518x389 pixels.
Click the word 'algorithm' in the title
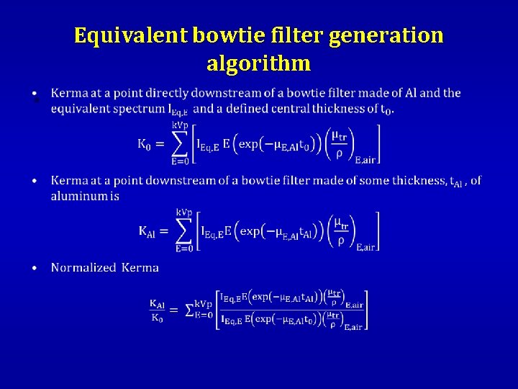click(259, 63)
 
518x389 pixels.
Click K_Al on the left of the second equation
click(147, 231)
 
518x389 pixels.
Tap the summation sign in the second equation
click(184, 231)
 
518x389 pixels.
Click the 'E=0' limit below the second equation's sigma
click(184, 249)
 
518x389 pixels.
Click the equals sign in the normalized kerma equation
click(174, 310)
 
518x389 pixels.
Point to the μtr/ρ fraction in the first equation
click(338, 143)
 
